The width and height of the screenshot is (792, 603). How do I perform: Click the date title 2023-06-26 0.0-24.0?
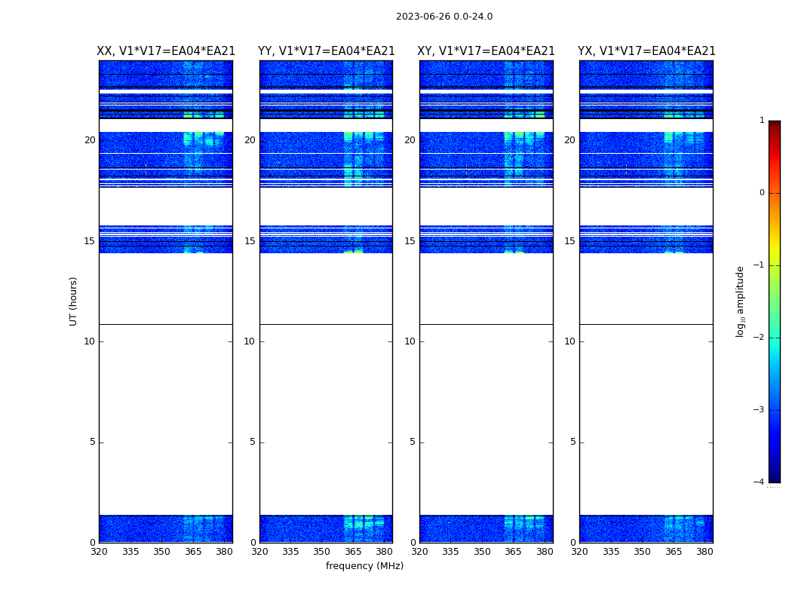444,17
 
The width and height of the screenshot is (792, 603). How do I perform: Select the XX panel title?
166,51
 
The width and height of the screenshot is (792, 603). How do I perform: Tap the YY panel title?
326,51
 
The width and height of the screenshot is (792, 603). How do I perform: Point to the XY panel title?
486,51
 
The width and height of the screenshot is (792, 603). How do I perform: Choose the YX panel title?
646,51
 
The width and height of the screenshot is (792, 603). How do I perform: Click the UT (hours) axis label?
73,301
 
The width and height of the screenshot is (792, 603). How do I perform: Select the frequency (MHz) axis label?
364,566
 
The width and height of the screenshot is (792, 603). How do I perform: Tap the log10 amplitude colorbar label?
741,301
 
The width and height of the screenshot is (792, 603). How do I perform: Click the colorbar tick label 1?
761,121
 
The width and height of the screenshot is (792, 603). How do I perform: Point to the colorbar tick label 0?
761,193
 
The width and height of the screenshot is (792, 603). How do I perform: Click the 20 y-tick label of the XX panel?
90,140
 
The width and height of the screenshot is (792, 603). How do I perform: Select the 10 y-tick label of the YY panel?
250,341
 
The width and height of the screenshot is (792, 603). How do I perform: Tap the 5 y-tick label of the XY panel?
413,442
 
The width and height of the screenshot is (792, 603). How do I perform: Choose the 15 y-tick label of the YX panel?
569,241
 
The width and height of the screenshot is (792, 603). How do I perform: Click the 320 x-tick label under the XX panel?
99,552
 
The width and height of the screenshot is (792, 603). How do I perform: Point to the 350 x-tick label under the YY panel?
321,552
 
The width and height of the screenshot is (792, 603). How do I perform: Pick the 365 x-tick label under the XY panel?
513,552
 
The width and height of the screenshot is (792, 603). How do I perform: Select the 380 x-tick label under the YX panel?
705,552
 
